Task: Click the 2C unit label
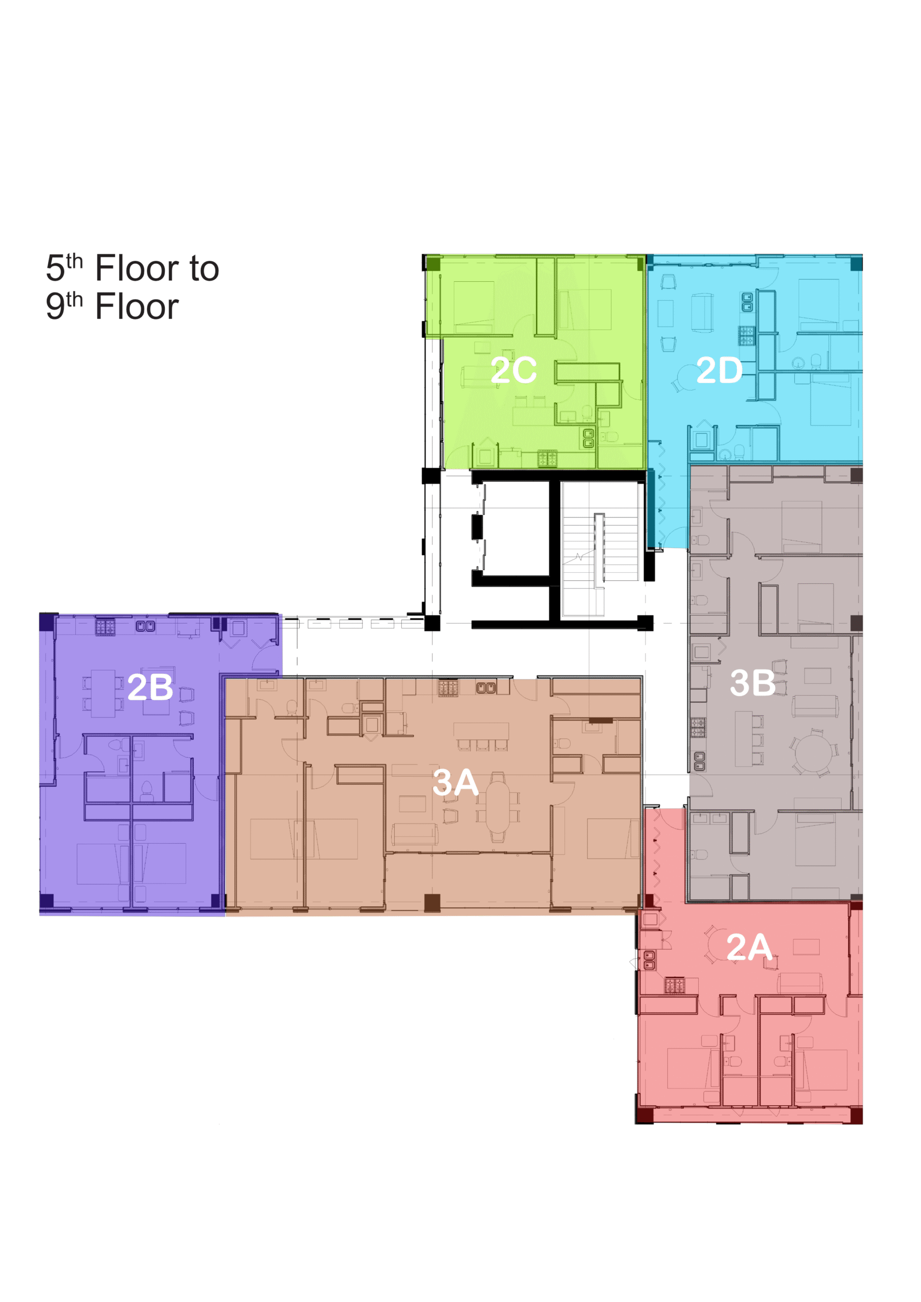click(513, 370)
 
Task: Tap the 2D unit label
click(719, 370)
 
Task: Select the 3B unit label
click(753, 683)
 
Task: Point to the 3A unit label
click(455, 783)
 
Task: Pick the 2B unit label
click(151, 687)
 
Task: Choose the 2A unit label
click(749, 947)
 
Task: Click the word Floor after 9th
click(137, 307)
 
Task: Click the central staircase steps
click(600, 548)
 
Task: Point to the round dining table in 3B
click(813, 753)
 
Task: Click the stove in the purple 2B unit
click(105, 627)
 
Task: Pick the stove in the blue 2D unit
click(747, 336)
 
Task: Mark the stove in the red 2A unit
click(675, 985)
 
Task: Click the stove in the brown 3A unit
click(448, 688)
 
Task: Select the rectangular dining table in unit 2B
click(103, 694)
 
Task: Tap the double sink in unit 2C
click(589, 438)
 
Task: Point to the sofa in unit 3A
click(414, 834)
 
